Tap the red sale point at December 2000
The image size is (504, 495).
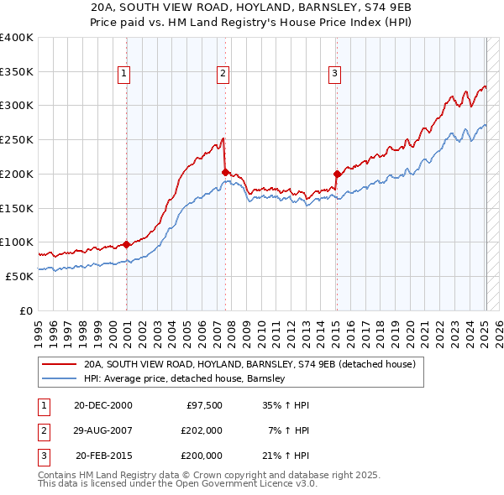click(x=126, y=244)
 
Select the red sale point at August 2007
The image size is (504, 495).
click(x=225, y=172)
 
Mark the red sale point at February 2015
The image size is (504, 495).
click(x=336, y=175)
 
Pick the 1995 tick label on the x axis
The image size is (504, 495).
click(x=39, y=329)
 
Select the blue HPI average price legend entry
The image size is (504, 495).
click(x=185, y=378)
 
